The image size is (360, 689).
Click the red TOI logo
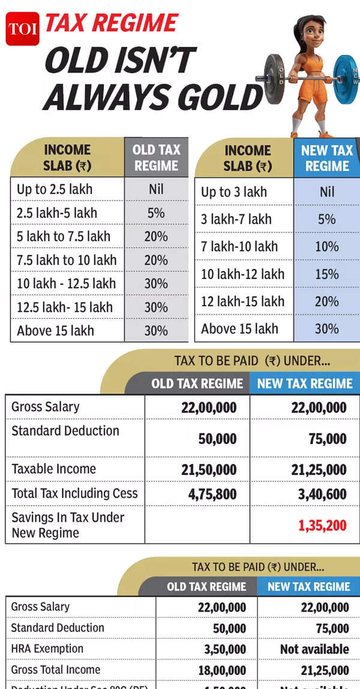pyautogui.click(x=22, y=28)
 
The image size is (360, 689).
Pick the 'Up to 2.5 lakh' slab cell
pyautogui.click(x=55, y=190)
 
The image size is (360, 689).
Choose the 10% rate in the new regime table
pyautogui.click(x=326, y=247)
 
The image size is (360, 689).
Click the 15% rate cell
pyautogui.click(x=326, y=274)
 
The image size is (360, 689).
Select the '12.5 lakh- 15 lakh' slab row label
pyautogui.click(x=64, y=307)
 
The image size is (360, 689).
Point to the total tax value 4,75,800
pyautogui.click(x=209, y=495)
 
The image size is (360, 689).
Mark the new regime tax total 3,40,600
pyautogui.click(x=319, y=495)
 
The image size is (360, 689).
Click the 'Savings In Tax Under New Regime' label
pyautogui.click(x=68, y=525)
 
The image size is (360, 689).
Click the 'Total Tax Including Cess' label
pyautogui.click(x=74, y=493)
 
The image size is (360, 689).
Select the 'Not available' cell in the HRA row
pyautogui.click(x=314, y=649)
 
